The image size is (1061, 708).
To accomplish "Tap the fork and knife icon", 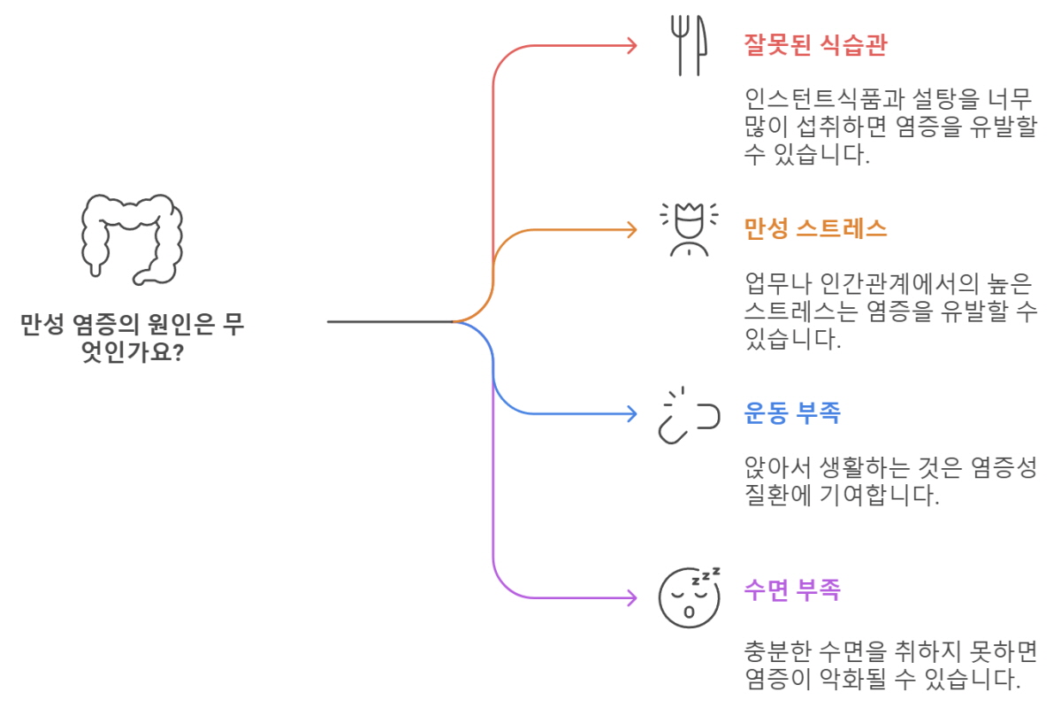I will [688, 47].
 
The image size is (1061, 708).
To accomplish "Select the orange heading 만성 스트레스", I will [814, 230].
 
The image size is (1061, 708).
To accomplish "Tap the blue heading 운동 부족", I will [791, 413].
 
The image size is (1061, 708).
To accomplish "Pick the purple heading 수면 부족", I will [791, 589].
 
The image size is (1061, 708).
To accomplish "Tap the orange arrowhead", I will [631, 230].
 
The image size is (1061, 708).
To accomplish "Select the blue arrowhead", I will [631, 413].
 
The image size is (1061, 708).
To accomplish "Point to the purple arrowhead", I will [631, 597].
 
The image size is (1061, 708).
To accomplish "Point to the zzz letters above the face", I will [706, 575].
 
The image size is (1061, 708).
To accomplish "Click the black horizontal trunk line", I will [389, 321].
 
